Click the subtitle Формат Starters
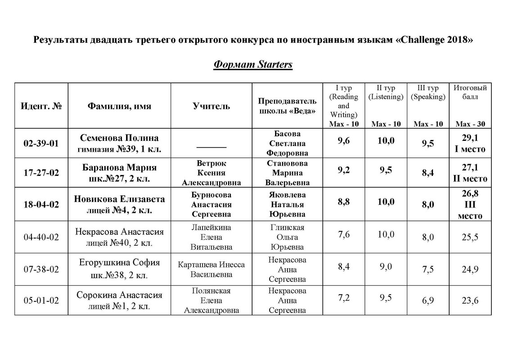(253, 64)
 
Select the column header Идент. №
(41, 106)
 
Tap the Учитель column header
(211, 106)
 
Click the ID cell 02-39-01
(41, 144)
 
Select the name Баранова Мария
(119, 168)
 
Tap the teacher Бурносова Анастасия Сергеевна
(211, 205)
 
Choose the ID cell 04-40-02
(41, 237)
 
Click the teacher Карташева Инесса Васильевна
(211, 269)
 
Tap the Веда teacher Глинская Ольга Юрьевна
(287, 237)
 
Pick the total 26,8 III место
(470, 205)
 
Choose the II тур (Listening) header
(386, 92)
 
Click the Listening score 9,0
(386, 266)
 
